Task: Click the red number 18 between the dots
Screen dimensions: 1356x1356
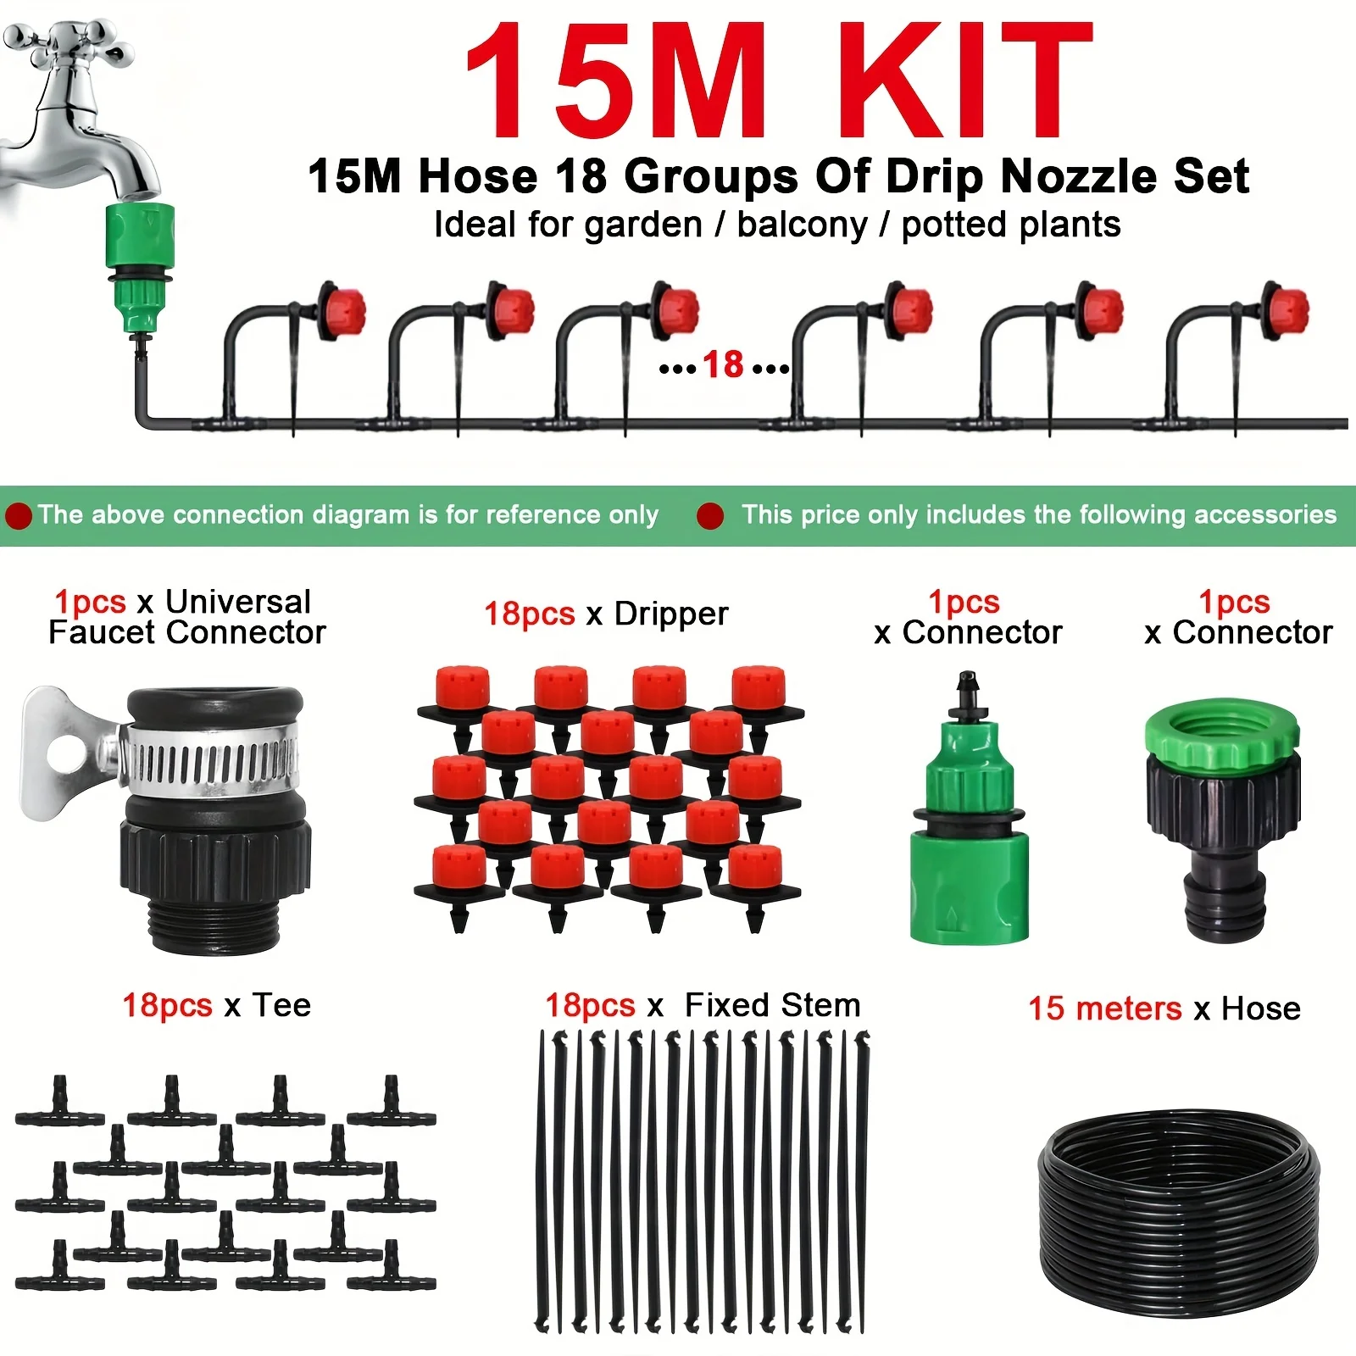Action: point(723,365)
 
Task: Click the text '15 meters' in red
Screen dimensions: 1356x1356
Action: point(1104,1009)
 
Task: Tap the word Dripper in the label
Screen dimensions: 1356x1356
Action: point(671,614)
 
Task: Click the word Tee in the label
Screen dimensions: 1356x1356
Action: point(281,1005)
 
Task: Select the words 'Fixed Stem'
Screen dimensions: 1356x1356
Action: point(772,1005)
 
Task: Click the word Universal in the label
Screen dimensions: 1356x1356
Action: point(238,602)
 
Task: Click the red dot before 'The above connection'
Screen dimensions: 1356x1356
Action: point(19,515)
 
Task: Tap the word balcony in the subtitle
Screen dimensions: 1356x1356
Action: point(803,225)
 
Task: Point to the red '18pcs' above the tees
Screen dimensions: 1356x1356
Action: point(167,1005)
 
